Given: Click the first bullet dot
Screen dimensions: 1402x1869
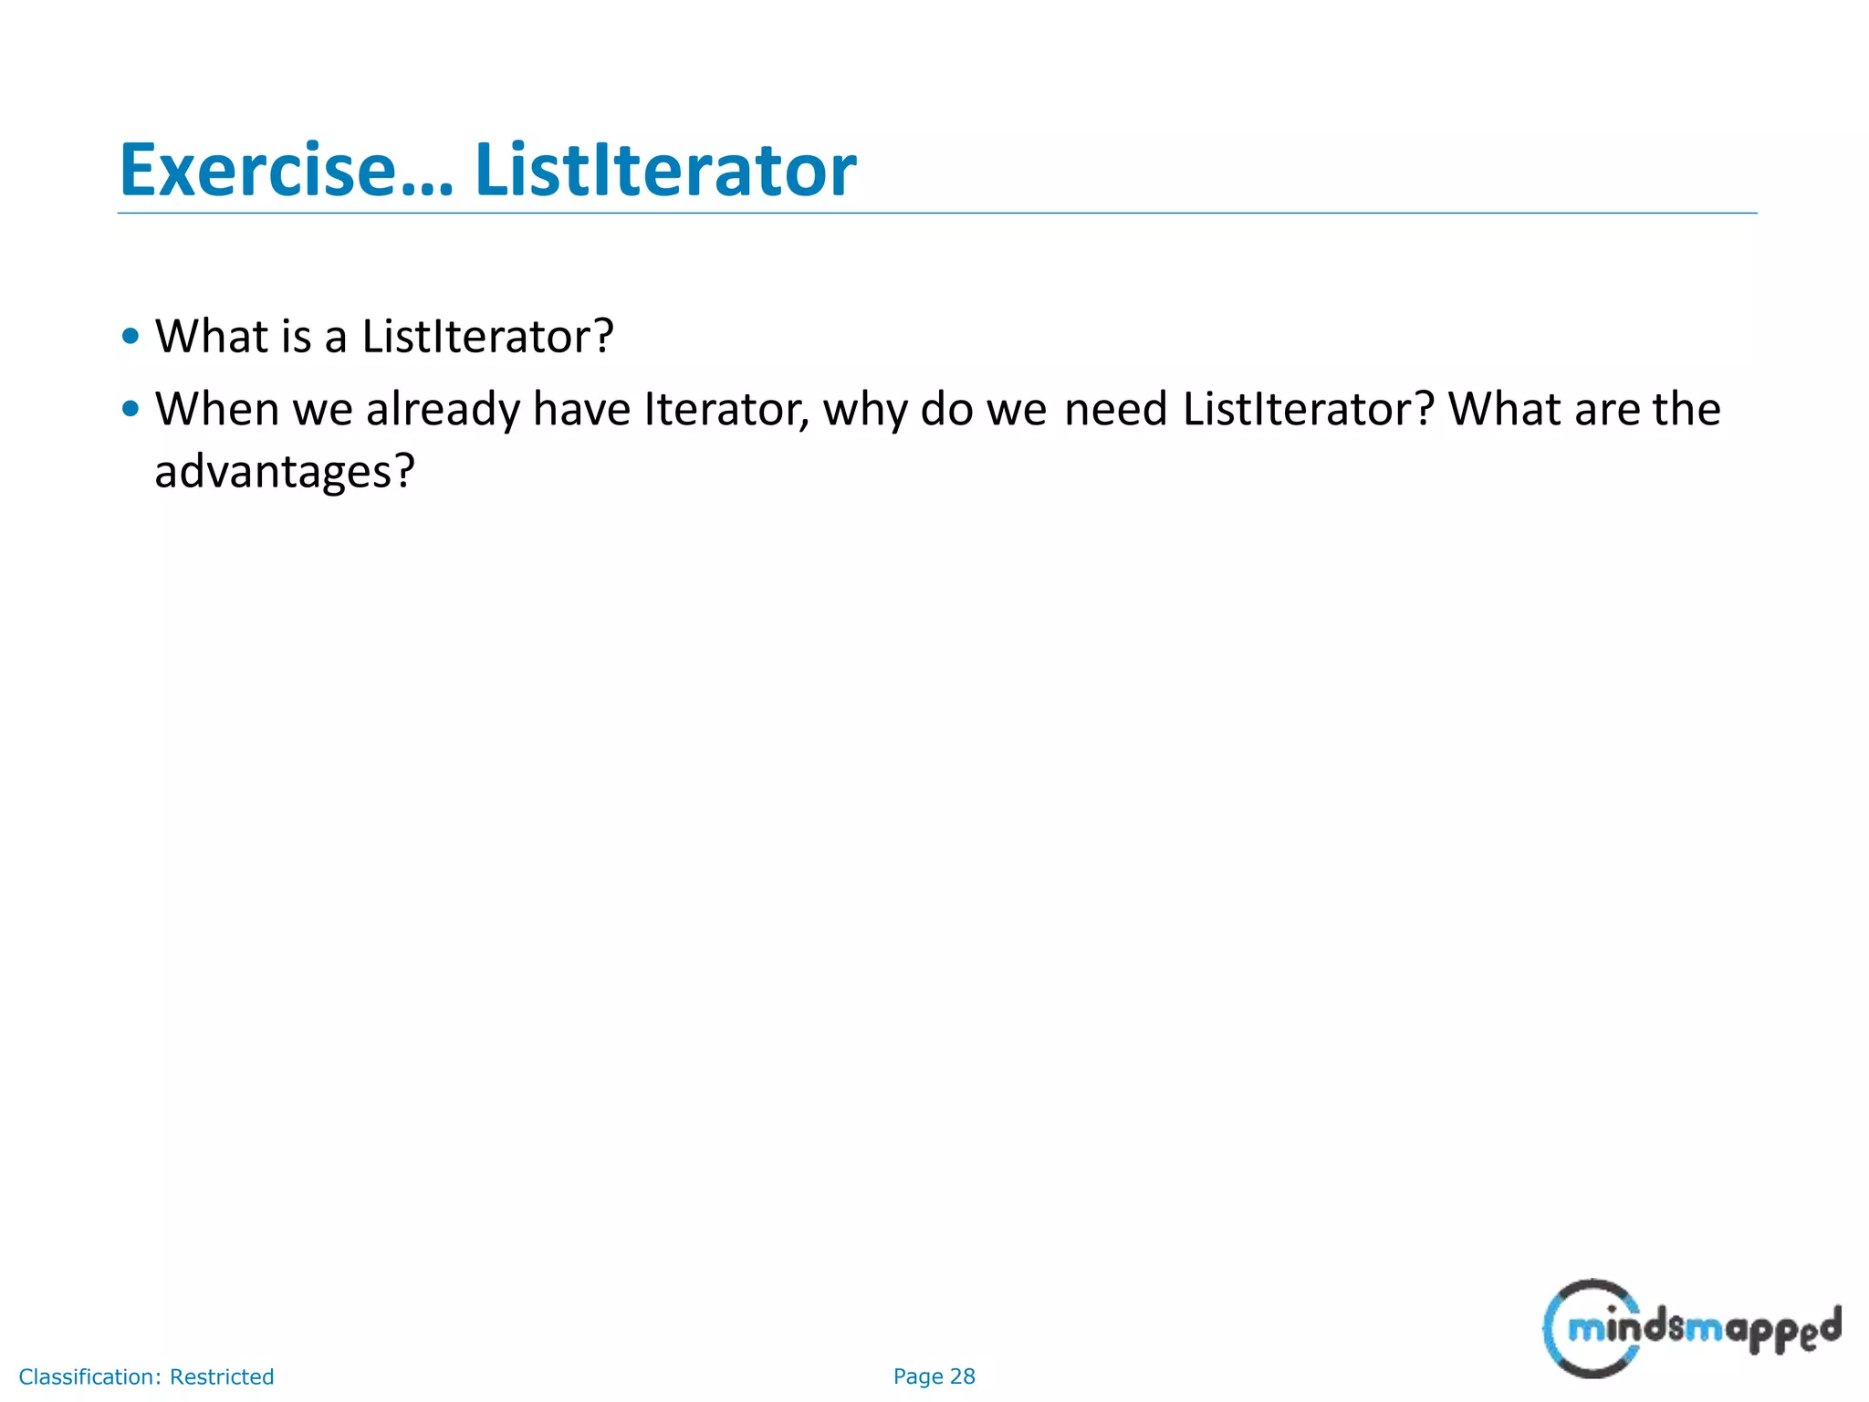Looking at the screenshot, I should click(131, 336).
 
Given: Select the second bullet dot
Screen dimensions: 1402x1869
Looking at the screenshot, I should click(131, 408).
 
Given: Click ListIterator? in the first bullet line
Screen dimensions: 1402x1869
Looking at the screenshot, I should click(487, 336).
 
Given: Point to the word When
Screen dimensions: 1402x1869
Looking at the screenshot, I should click(216, 408).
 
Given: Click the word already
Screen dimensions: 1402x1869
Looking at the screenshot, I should click(442, 410).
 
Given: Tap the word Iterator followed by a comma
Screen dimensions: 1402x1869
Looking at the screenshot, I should click(726, 408).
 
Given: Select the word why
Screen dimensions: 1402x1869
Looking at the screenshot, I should click(864, 410).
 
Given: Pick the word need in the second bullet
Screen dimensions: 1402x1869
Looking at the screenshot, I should click(1115, 408).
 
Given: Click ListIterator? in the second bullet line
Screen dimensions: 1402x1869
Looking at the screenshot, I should click(1308, 408).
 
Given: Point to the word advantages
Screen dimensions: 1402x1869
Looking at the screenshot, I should click(284, 472).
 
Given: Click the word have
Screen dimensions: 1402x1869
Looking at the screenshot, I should click(581, 408).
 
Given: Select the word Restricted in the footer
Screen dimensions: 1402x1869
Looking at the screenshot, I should click(222, 1376).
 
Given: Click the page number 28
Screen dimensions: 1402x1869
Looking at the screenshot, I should click(962, 1376).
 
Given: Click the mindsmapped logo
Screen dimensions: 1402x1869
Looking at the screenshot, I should click(1691, 1329).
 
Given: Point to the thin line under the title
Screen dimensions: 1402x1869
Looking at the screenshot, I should click(936, 214).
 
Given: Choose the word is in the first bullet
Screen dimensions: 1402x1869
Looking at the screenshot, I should click(297, 336).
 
